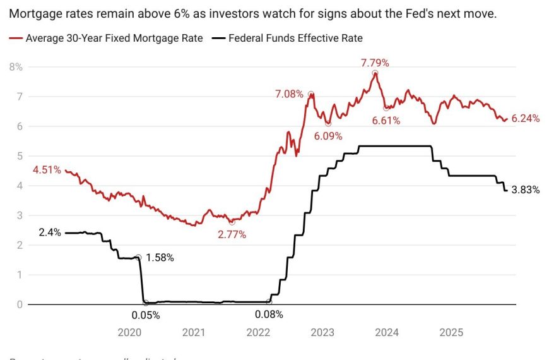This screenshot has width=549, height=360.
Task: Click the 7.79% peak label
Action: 375,63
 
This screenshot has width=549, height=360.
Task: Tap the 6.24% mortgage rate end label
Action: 525,118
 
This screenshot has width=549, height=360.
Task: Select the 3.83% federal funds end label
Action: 525,189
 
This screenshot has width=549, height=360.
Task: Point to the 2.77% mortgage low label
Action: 232,234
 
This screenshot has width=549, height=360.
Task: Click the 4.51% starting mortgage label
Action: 47,169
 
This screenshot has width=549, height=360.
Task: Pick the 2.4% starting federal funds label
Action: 49,232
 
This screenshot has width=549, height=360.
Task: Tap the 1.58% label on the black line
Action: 160,258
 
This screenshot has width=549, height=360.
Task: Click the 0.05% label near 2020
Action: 146,315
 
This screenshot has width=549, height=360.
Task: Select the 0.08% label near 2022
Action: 269,315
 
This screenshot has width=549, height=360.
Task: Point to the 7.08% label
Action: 289,94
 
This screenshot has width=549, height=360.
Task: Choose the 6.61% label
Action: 386,120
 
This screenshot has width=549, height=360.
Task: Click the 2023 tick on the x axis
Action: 322,332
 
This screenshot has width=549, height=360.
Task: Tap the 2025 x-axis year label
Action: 451,332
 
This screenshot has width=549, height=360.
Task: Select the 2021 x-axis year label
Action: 193,332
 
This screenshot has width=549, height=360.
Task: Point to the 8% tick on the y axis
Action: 15,67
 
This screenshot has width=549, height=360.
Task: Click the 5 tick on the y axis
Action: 19,156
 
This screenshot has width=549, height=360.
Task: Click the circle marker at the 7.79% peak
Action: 375,74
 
